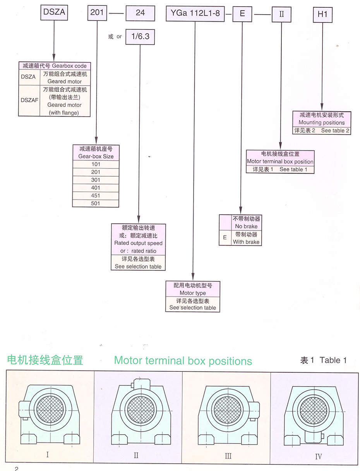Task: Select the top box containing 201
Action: click(x=97, y=13)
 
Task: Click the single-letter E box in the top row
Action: click(x=242, y=14)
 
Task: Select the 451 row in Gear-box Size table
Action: click(x=96, y=195)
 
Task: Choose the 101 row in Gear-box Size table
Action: click(x=96, y=164)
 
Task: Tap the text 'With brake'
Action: click(x=246, y=242)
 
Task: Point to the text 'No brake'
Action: click(x=246, y=226)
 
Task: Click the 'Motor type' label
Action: click(x=193, y=293)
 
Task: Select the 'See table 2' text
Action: click(x=335, y=131)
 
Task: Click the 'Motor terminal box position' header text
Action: click(x=280, y=162)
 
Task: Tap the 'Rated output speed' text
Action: click(x=138, y=243)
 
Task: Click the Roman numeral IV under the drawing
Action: click(x=319, y=457)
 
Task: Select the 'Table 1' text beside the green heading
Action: click(x=333, y=360)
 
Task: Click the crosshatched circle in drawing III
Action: click(x=227, y=409)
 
